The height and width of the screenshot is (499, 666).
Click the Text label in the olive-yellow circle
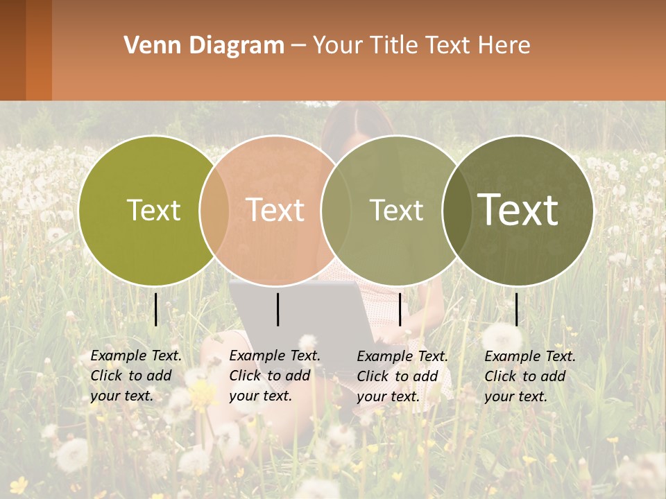pyautogui.click(x=153, y=210)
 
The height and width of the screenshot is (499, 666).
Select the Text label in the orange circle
pyautogui.click(x=275, y=210)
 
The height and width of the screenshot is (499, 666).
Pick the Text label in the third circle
pyautogui.click(x=396, y=210)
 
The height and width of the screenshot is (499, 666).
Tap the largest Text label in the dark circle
pyautogui.click(x=518, y=210)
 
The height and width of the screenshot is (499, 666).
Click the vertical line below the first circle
pyautogui.click(x=156, y=309)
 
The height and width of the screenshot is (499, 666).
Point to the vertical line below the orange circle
pyautogui.click(x=277, y=309)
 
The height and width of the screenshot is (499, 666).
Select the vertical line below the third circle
pyautogui.click(x=400, y=309)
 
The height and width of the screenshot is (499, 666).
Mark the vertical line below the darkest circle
pyautogui.click(x=517, y=309)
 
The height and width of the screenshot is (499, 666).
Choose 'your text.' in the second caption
pyautogui.click(x=260, y=396)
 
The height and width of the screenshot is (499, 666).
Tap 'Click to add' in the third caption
pyautogui.click(x=398, y=376)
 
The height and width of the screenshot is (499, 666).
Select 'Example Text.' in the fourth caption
pyautogui.click(x=530, y=356)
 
